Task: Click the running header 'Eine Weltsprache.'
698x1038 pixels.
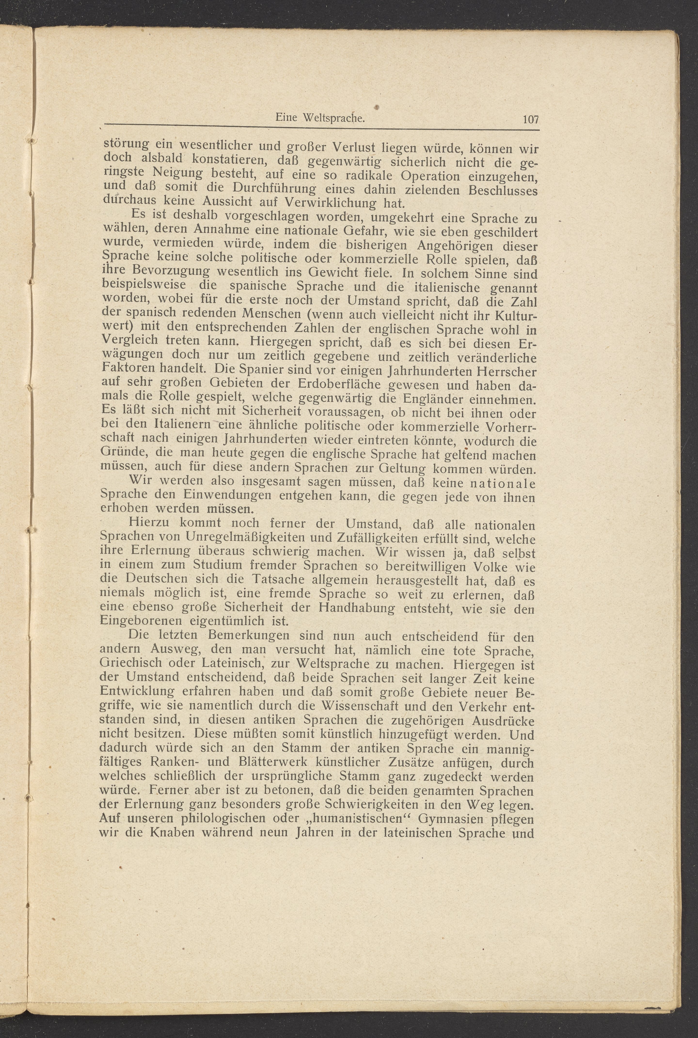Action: pyautogui.click(x=320, y=119)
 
